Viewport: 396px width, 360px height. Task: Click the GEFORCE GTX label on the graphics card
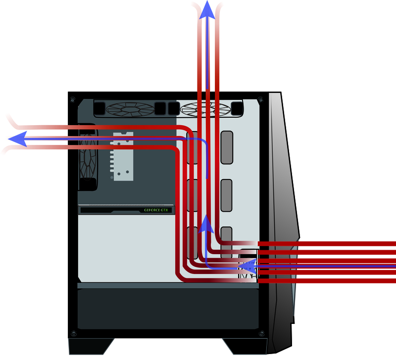pyautogui.click(x=156, y=210)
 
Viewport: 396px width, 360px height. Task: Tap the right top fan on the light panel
pyautogui.click(x=205, y=108)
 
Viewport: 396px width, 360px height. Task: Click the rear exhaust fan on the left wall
pyautogui.click(x=90, y=156)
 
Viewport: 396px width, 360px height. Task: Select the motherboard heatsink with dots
pyautogui.click(x=123, y=156)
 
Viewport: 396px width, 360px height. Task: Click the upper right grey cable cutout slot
pyautogui.click(x=227, y=147)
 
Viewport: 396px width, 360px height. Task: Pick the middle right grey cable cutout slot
pyautogui.click(x=227, y=196)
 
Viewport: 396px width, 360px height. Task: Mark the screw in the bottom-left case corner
pyautogui.click(x=73, y=332)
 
